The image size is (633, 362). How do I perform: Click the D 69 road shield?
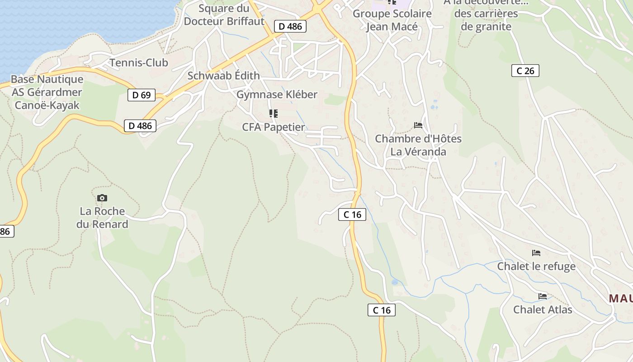[142, 95]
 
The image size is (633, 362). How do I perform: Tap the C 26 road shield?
[525, 71]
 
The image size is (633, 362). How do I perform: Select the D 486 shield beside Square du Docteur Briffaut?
[290, 26]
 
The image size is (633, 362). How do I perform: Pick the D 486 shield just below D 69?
[140, 126]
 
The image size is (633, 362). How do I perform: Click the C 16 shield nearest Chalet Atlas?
[381, 310]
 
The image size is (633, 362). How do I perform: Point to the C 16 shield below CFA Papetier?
[352, 214]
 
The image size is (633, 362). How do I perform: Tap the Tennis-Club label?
[139, 63]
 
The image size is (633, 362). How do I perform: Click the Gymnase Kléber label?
[277, 95]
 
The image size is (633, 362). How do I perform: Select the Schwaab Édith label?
[223, 76]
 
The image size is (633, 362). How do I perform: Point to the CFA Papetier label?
[274, 127]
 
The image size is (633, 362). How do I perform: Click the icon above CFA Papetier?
[274, 113]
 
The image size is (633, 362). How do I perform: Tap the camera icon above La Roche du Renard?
[102, 198]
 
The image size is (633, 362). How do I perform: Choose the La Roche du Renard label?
[102, 218]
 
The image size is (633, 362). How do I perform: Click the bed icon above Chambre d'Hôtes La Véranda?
[418, 125]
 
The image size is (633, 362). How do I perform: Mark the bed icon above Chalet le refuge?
[536, 252]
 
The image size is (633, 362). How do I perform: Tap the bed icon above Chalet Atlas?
[543, 296]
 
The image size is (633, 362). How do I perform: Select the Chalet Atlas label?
[543, 310]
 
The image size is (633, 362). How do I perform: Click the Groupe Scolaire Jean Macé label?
[392, 20]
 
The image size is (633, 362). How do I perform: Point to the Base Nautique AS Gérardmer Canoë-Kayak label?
[47, 92]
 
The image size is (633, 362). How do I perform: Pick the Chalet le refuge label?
[536, 266]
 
